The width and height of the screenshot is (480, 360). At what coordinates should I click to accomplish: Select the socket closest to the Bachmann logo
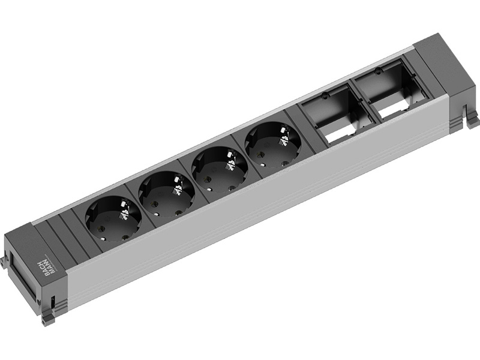(x=113, y=218)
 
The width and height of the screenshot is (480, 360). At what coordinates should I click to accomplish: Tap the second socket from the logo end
(x=167, y=191)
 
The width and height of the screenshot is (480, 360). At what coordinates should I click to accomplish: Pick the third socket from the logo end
(x=220, y=166)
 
